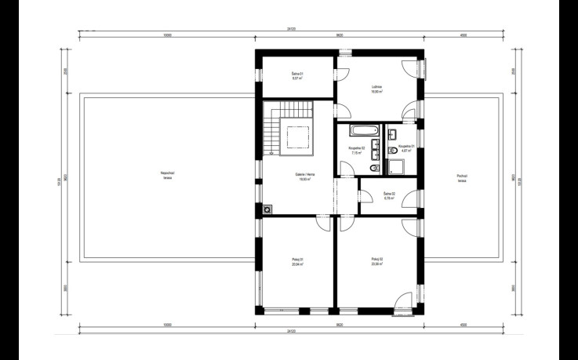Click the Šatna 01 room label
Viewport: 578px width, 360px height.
tap(297, 77)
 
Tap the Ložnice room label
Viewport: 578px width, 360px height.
tap(376, 89)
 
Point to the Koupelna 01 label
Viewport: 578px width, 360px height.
tap(405, 147)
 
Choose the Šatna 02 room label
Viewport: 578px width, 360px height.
tap(389, 195)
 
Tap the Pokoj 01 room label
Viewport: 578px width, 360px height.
tap(296, 261)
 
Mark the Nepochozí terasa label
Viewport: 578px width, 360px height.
tap(167, 175)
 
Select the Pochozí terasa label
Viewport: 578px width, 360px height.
tap(462, 178)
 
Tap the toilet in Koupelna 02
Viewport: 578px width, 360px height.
tap(375, 168)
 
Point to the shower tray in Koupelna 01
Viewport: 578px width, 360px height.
tap(396, 165)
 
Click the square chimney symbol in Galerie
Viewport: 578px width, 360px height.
tap(268, 209)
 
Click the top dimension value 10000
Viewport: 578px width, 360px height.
tap(167, 35)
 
